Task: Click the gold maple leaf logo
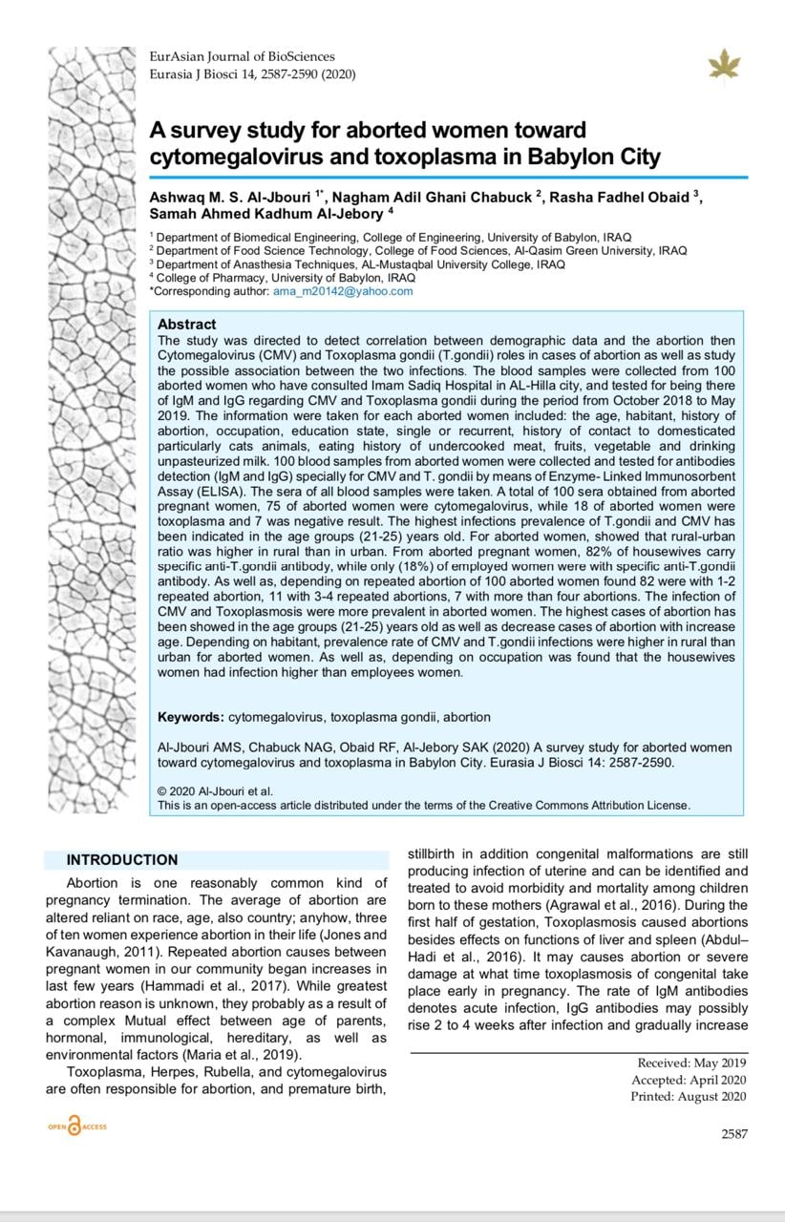coord(724,64)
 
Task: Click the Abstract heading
coord(187,325)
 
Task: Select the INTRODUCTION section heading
coord(122,860)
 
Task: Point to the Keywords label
coord(191,717)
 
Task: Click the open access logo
coord(77,1127)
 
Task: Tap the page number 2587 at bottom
coord(734,1134)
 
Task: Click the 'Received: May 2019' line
coord(692,1063)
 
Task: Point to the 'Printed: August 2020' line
coord(689,1097)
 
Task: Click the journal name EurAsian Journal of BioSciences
coord(243,57)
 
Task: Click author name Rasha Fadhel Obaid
coord(622,197)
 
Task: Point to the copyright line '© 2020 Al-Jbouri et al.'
coord(215,790)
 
